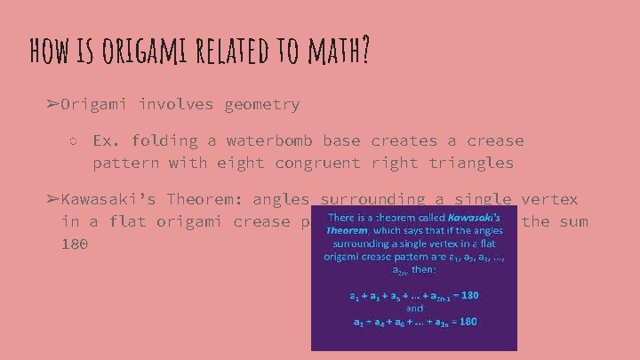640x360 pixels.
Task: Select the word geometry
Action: pyautogui.click(x=262, y=105)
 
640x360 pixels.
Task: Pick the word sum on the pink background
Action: pyautogui.click(x=573, y=221)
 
